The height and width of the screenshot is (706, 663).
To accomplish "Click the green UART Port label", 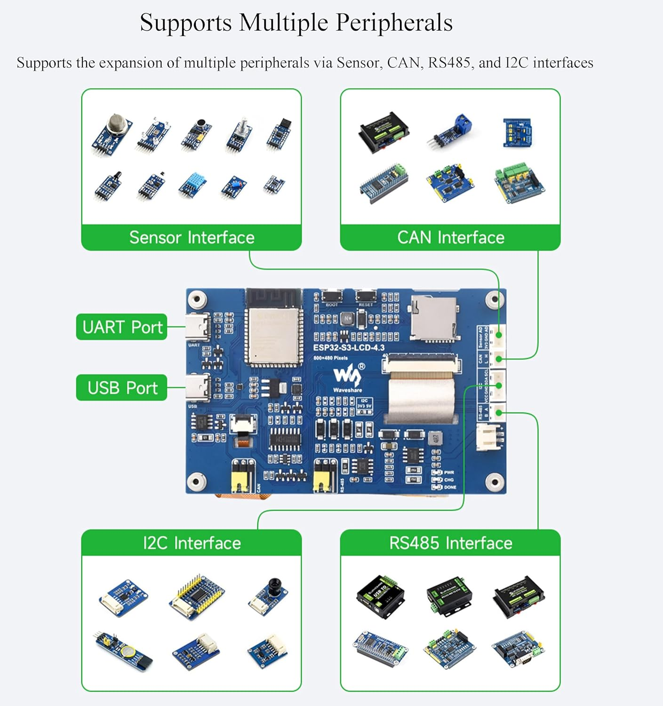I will (121, 327).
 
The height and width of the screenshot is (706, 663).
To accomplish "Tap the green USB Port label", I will (121, 388).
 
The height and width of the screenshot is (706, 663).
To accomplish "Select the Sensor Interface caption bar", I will (192, 237).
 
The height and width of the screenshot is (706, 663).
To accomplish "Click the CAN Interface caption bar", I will (450, 237).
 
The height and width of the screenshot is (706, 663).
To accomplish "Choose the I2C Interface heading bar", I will (192, 543).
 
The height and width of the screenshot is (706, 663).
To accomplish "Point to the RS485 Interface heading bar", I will (450, 543).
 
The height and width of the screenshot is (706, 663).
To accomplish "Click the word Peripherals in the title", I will (393, 22).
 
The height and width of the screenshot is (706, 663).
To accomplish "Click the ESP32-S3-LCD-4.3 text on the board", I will (349, 348).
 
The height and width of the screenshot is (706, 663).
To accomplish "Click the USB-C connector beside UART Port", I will (197, 327).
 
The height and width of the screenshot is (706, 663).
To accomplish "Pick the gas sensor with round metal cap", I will (113, 133).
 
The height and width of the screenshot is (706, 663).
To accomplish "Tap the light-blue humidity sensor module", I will (193, 184).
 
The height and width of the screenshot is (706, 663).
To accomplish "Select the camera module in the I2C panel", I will (270, 594).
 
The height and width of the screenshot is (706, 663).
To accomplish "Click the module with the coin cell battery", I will (123, 650).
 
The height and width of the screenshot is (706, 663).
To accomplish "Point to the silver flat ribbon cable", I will (421, 396).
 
